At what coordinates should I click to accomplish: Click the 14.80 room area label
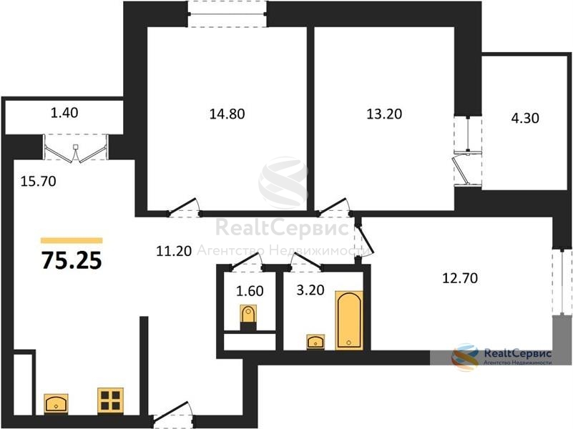227,114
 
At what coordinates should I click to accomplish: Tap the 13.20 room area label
384,114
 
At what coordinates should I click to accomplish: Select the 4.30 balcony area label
525,118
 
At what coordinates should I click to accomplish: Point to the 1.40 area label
64,113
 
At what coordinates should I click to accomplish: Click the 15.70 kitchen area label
38,181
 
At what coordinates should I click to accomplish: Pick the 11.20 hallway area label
174,251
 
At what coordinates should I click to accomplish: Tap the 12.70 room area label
460,278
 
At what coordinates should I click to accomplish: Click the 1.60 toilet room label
250,291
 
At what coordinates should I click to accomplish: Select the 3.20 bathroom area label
310,290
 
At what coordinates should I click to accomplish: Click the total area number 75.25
72,261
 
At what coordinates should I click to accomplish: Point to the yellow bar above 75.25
72,240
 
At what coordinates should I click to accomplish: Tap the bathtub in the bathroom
349,320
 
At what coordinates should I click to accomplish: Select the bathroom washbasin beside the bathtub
315,342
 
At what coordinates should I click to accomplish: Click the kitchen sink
56,404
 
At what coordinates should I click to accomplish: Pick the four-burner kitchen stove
110,400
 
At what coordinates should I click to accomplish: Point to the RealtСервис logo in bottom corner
501,357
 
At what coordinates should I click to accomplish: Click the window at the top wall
227,14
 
